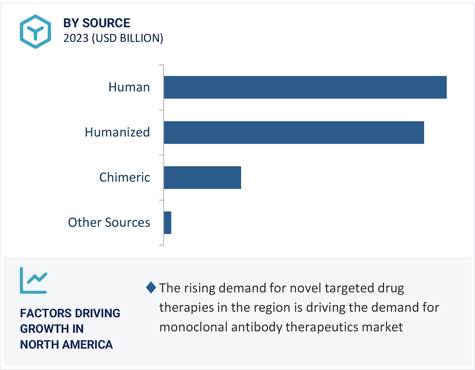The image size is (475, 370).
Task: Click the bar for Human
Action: click(x=305, y=87)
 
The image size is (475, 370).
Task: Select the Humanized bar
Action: click(x=294, y=133)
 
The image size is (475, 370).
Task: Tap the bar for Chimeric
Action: click(x=202, y=178)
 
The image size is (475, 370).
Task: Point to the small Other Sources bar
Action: click(x=168, y=223)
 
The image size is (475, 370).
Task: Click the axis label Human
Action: click(x=129, y=87)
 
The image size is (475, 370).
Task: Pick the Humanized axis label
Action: click(x=117, y=133)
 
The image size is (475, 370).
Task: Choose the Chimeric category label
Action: click(x=125, y=178)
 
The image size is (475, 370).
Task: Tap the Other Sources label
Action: click(x=109, y=223)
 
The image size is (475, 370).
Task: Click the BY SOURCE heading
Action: click(x=97, y=23)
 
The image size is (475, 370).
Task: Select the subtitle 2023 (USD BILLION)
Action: click(x=113, y=38)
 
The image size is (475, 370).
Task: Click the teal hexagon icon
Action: click(x=35, y=31)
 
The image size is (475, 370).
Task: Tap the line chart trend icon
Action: click(x=33, y=280)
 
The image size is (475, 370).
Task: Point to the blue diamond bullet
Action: click(x=151, y=288)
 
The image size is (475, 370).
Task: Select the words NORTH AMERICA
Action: click(x=67, y=345)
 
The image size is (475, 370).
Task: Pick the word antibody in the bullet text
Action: click(x=254, y=327)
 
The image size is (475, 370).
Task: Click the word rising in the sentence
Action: click(x=199, y=288)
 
